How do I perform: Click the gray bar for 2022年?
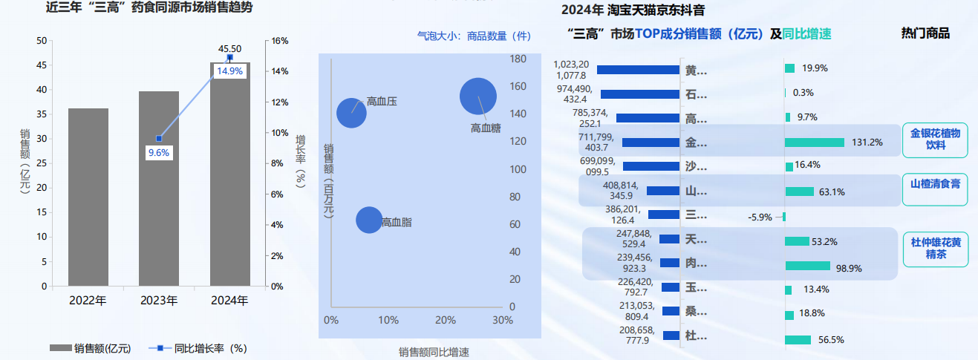[88, 197]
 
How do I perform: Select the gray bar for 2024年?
[229, 174]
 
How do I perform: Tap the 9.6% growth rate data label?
[159, 153]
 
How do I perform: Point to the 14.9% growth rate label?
[229, 71]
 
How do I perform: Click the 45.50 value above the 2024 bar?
[229, 49]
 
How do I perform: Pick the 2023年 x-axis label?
[159, 301]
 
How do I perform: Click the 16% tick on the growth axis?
[279, 41]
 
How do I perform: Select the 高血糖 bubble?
[478, 96]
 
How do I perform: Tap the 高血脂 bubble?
[369, 220]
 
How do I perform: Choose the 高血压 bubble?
[351, 113]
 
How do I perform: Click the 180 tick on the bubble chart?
[517, 59]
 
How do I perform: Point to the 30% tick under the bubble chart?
[503, 320]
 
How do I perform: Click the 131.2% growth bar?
[815, 143]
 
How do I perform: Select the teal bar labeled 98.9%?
[807, 266]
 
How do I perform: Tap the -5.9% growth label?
[760, 217]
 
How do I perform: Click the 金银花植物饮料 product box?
[935, 140]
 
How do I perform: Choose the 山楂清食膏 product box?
[935, 183]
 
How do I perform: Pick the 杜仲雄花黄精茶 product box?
[935, 249]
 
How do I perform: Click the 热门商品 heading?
[925, 33]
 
